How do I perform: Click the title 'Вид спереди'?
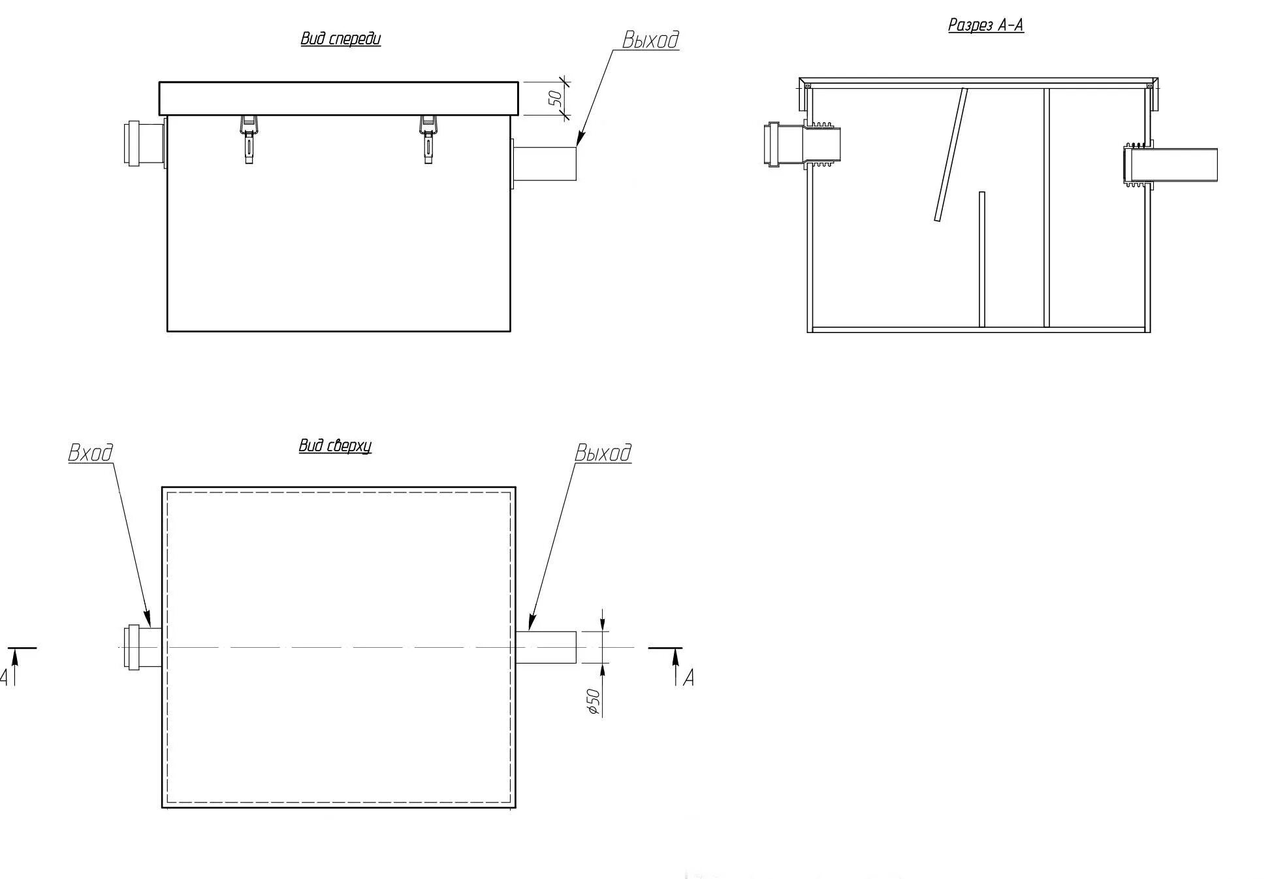(x=340, y=39)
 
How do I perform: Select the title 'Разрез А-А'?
(x=985, y=25)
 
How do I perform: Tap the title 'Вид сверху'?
(x=335, y=446)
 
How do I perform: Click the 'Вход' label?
(x=91, y=453)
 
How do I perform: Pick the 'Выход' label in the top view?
(x=603, y=453)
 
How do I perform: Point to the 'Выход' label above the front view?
(x=650, y=40)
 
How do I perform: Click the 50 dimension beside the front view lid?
(x=556, y=99)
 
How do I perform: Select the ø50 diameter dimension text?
(x=593, y=701)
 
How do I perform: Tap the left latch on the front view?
(x=249, y=138)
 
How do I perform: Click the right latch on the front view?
(x=428, y=138)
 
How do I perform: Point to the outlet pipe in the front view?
(x=545, y=163)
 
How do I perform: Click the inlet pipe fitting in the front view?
(x=144, y=142)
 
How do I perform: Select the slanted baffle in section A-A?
(x=950, y=155)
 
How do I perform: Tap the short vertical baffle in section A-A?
(x=981, y=259)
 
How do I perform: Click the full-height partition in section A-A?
(x=1046, y=208)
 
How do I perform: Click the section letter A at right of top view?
(x=688, y=679)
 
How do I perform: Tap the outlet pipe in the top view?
(x=546, y=647)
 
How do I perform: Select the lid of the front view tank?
(x=338, y=98)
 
